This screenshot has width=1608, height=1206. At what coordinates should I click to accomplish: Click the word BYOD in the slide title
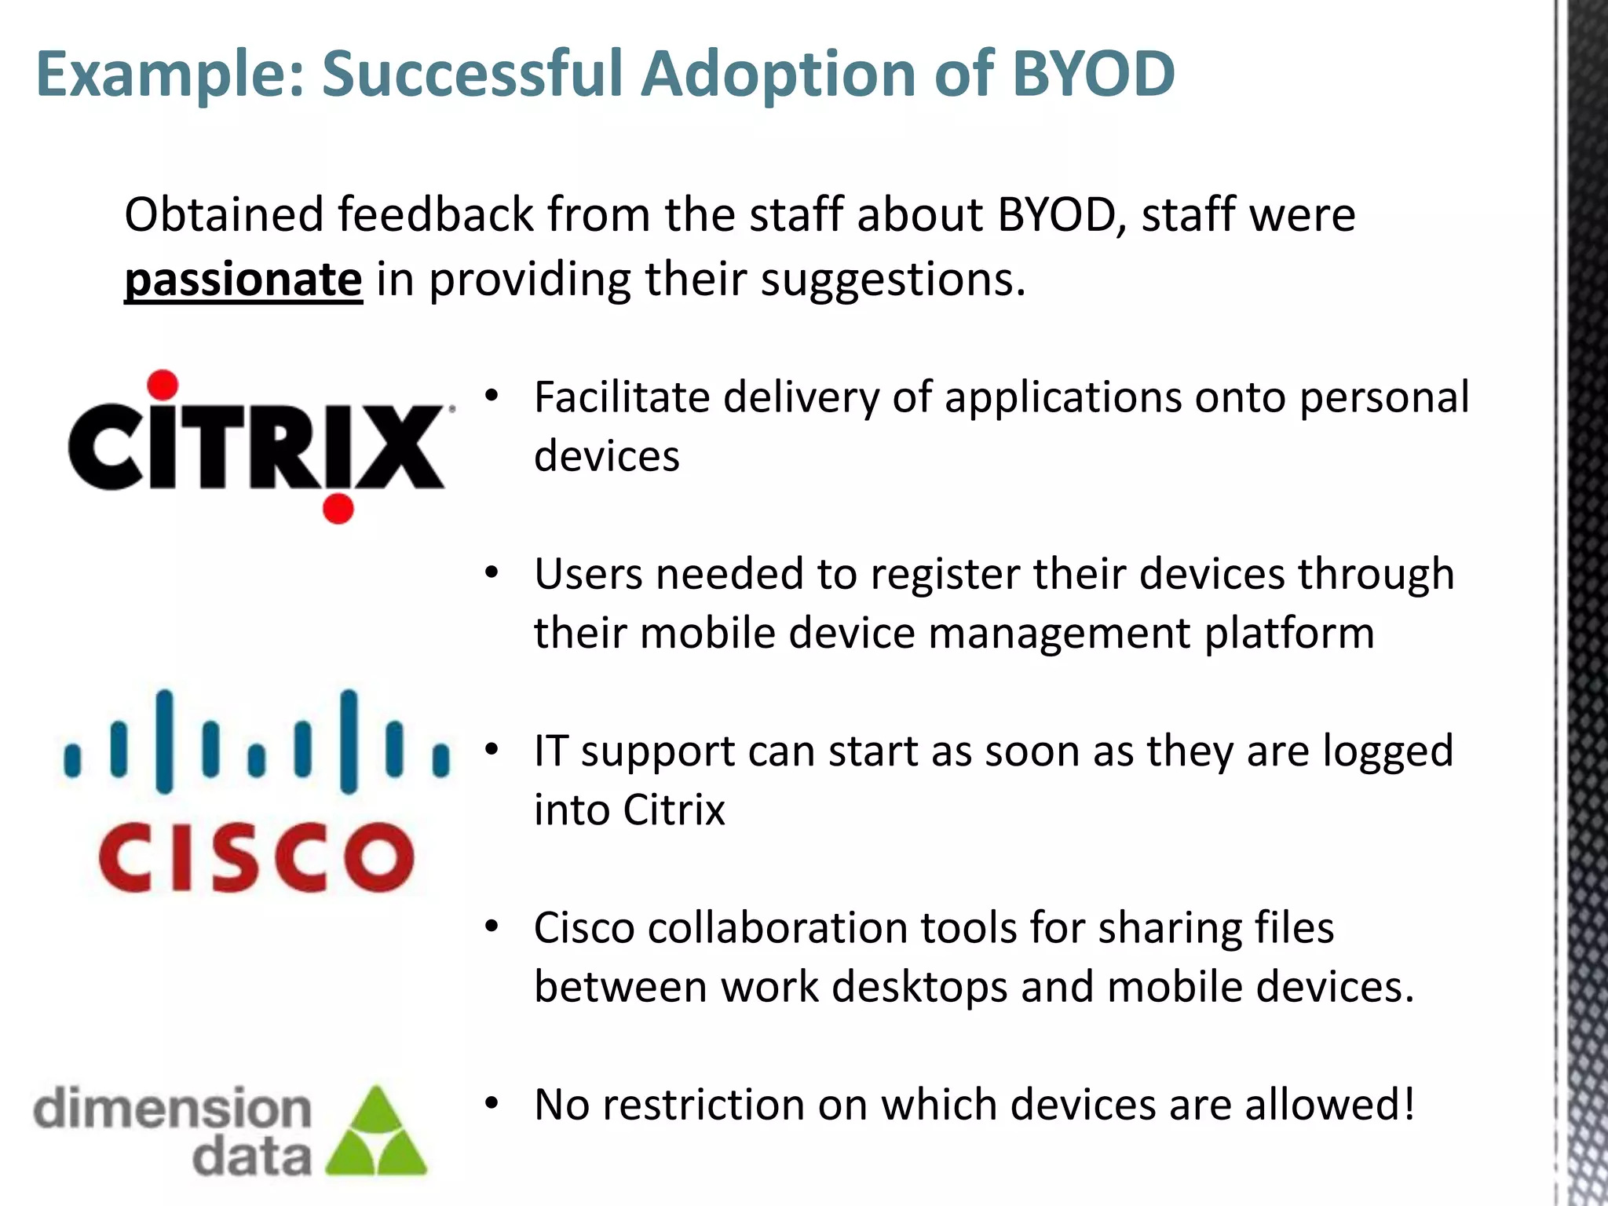1093,73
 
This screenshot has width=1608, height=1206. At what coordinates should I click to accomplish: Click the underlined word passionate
243,280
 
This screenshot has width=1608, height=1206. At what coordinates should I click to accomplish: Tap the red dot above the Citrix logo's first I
163,385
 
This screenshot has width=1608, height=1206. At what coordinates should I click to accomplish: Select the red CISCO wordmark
256,857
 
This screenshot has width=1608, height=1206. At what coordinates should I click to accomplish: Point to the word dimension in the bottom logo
173,1109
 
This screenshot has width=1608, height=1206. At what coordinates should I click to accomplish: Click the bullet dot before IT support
492,751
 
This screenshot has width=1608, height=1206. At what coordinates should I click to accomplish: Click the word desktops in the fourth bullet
919,987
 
